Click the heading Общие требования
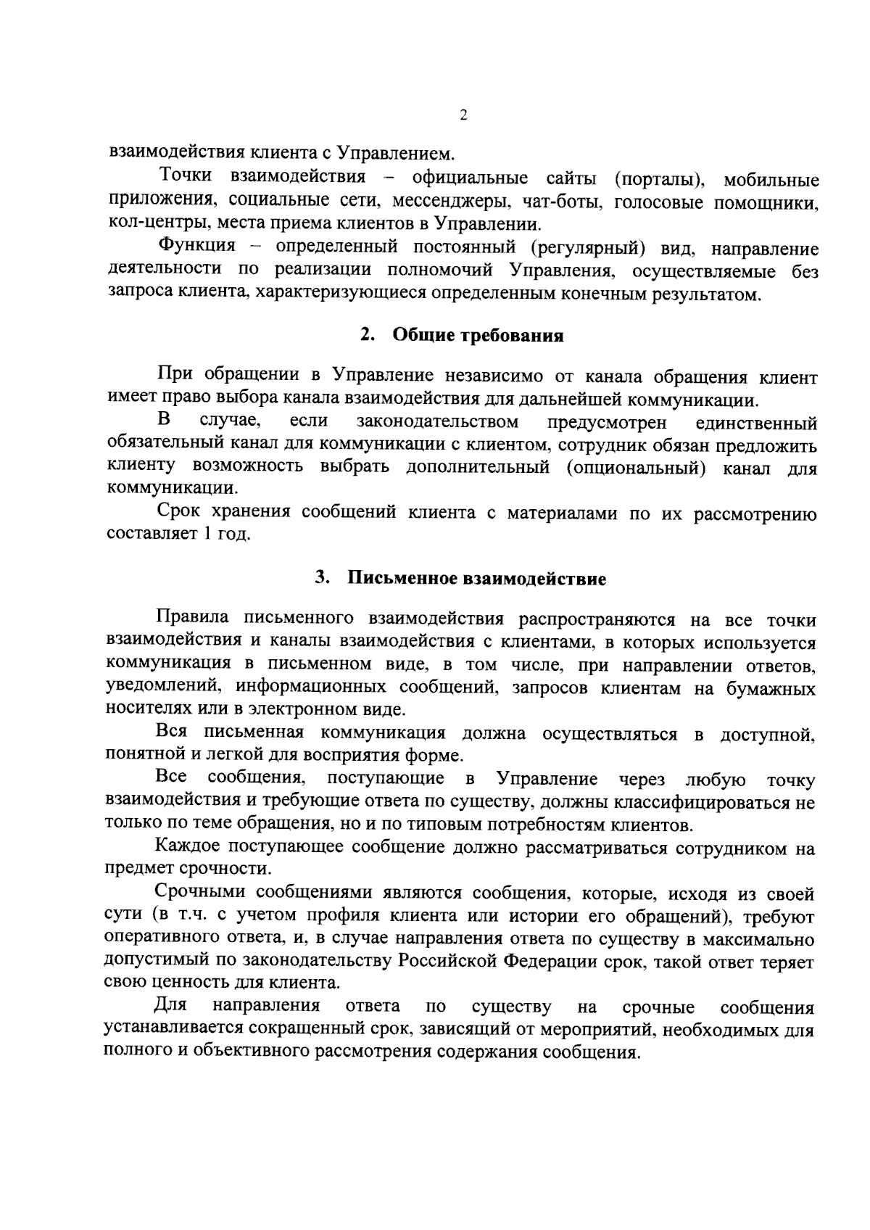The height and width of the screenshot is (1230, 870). click(x=478, y=336)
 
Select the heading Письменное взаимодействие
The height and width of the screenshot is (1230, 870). click(x=476, y=579)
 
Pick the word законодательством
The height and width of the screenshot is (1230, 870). click(x=437, y=422)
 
